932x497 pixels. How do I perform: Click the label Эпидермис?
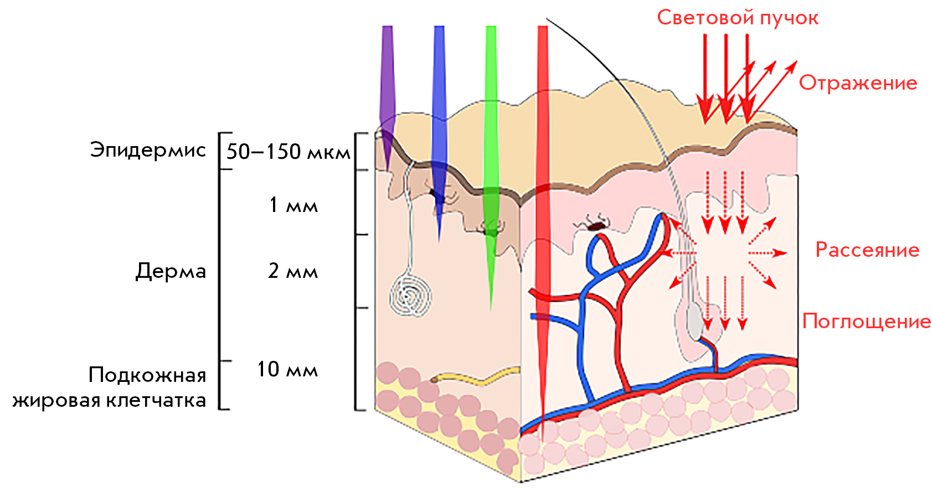[148, 151]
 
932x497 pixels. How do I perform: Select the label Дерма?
[171, 271]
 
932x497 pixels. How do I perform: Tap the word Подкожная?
[147, 375]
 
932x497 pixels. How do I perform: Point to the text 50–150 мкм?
[288, 152]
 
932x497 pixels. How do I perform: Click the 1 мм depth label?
[293, 205]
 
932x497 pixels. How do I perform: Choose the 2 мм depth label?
[293, 271]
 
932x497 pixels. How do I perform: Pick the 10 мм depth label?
[287, 369]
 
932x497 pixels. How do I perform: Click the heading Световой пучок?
[738, 18]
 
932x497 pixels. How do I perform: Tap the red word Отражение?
[858, 83]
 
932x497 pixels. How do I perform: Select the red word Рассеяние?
[868, 250]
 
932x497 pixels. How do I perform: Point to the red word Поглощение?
[866, 322]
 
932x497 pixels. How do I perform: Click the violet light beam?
[387, 96]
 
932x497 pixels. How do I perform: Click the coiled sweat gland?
[410, 296]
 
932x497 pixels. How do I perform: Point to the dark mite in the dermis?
[594, 225]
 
